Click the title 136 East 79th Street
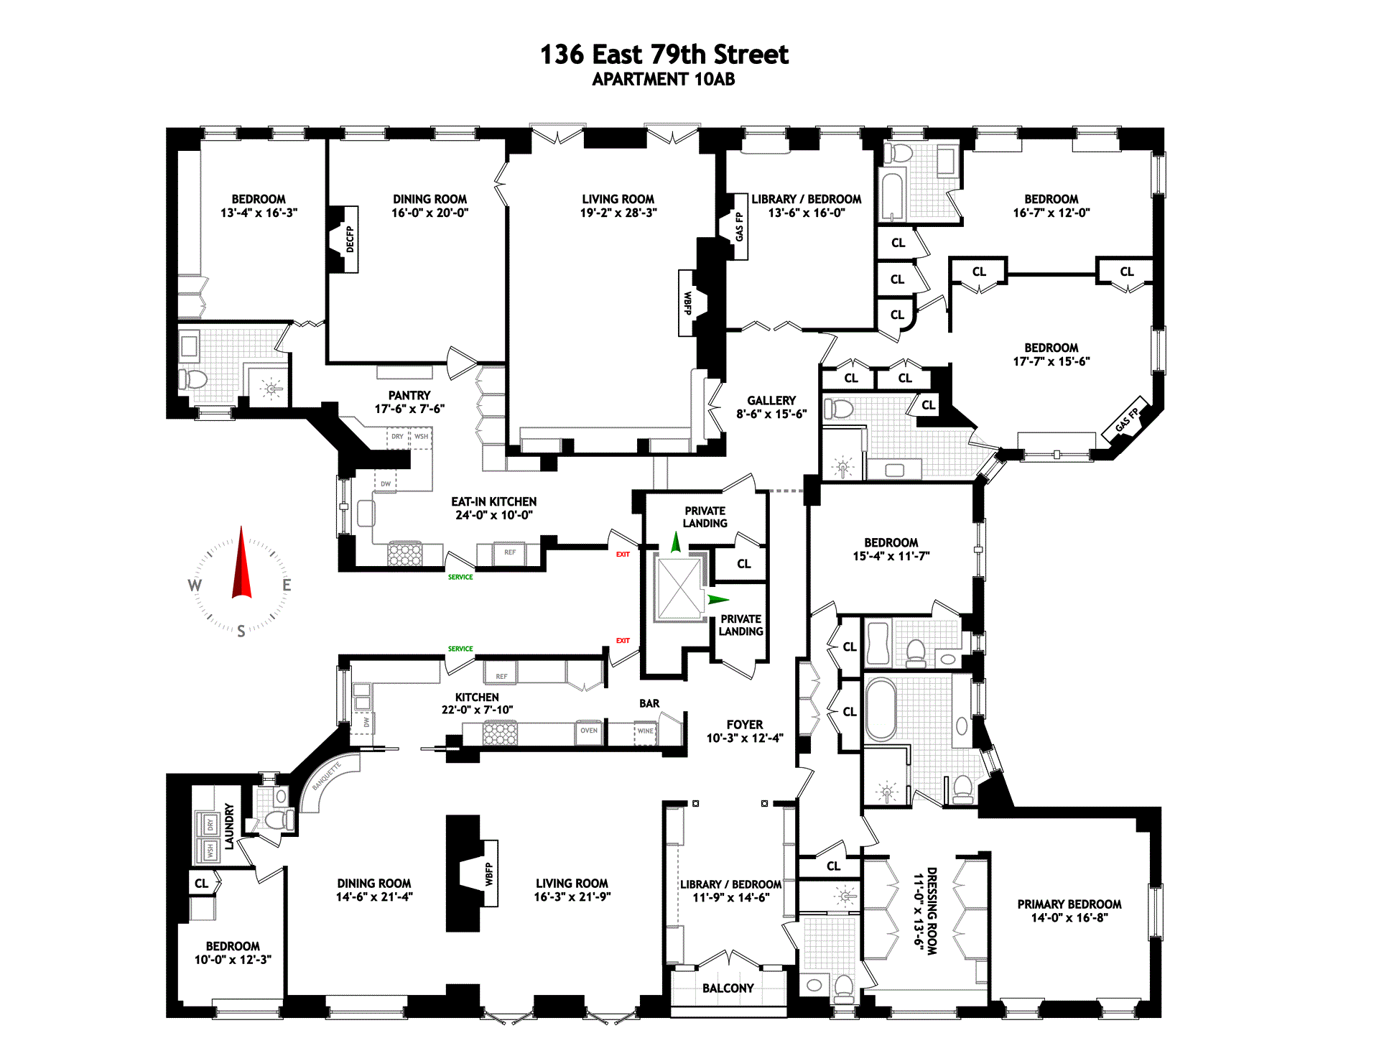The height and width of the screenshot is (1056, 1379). point(664,55)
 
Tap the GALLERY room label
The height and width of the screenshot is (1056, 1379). point(771,401)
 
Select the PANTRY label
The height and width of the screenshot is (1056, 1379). point(409,396)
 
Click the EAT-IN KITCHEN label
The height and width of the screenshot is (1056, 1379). point(493,502)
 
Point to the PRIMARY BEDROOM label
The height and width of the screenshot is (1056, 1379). point(1069,904)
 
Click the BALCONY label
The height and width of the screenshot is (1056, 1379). point(728,988)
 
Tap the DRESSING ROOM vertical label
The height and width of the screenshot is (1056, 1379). point(932,911)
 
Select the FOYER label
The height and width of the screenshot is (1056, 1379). point(744,725)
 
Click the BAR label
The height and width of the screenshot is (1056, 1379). point(649,704)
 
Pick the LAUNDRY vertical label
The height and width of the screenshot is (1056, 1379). point(229,826)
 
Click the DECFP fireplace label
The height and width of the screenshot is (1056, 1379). point(350,239)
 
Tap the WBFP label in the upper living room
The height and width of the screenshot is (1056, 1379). point(687,302)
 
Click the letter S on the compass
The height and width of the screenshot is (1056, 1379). point(241,631)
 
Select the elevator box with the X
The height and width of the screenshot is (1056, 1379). point(679,588)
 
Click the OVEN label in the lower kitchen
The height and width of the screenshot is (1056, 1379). point(589,731)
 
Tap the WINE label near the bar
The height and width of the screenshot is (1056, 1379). point(646,731)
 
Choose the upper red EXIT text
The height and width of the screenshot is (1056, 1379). point(623,555)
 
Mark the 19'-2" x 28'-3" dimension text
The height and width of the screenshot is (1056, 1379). point(618,213)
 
